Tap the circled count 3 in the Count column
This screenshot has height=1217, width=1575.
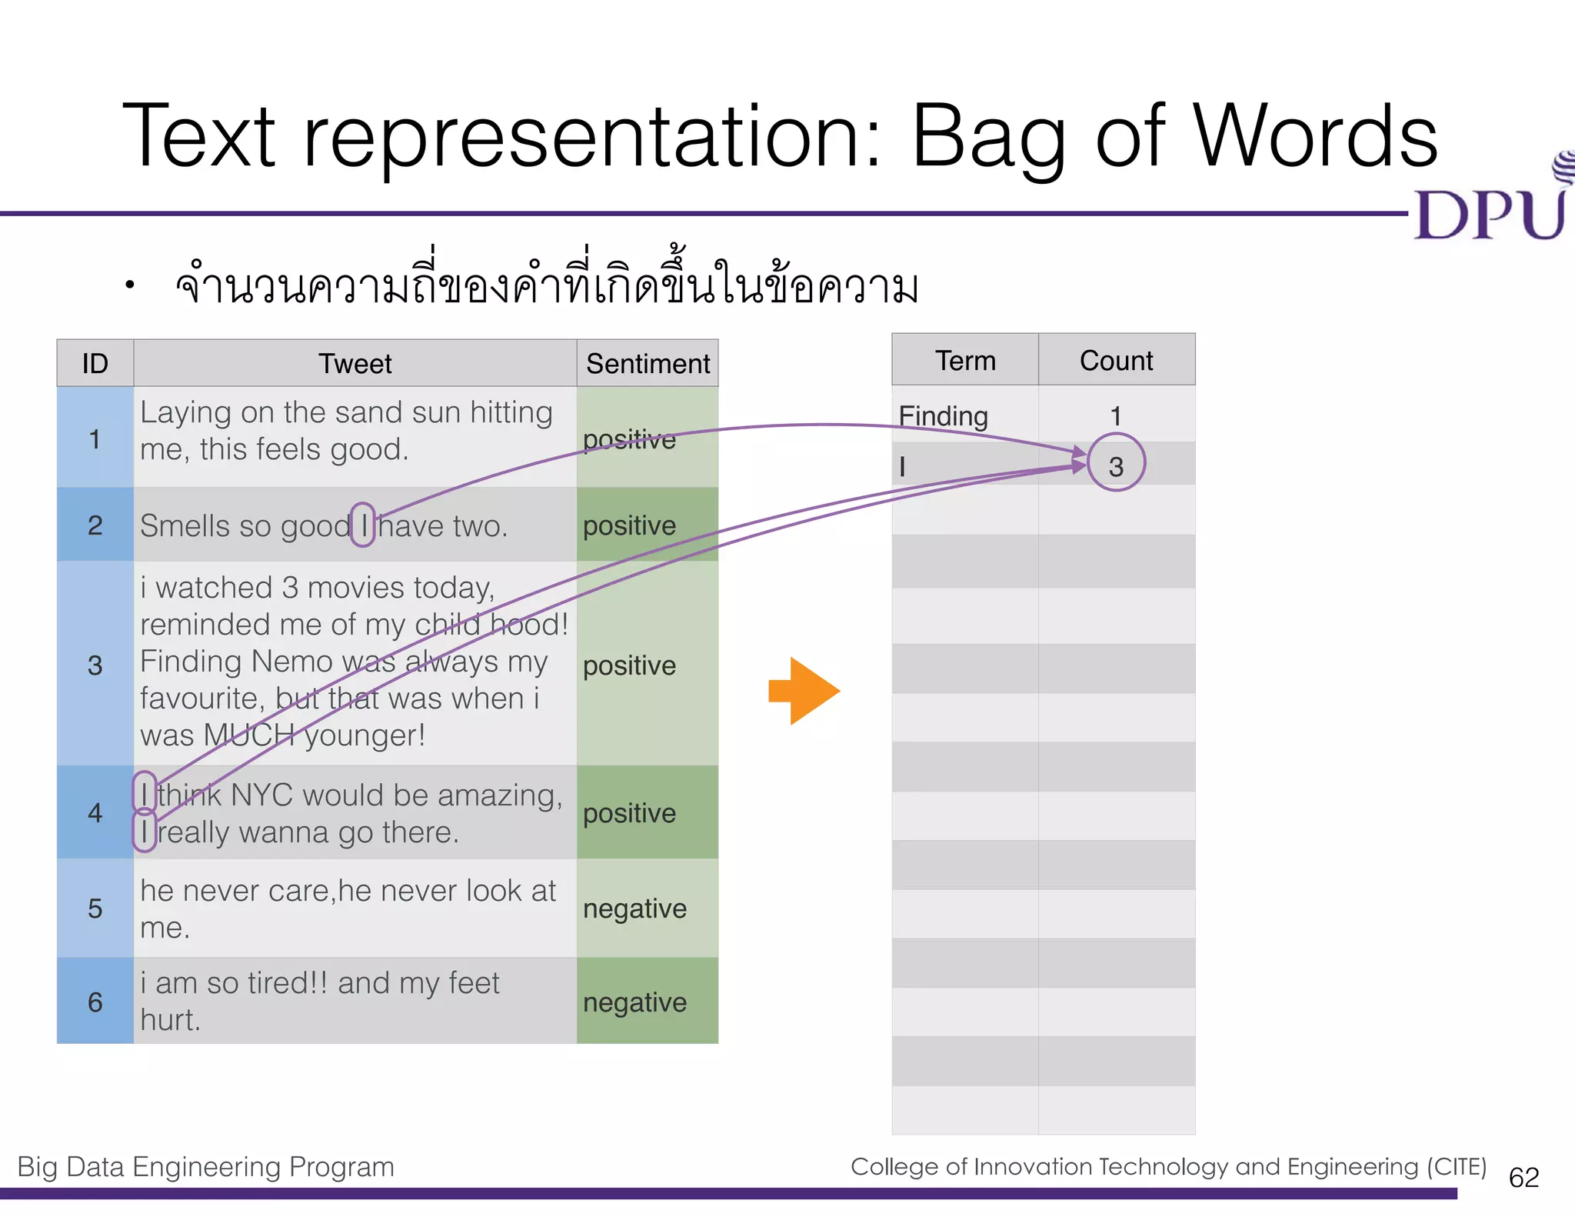point(1116,465)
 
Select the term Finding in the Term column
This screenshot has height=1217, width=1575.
point(943,416)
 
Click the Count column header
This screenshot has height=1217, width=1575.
point(1116,361)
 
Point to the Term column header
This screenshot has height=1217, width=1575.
point(965,361)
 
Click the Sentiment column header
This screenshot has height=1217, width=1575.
point(648,364)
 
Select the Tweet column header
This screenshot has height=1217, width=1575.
point(355,364)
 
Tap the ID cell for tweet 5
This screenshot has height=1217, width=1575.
point(95,909)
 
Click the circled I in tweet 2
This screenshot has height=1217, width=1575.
point(363,525)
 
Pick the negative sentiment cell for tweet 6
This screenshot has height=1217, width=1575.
point(634,1002)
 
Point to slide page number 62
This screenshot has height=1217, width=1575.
point(1523,1178)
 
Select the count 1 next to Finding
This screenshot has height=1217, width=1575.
point(1116,416)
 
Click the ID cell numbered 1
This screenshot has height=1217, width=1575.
point(95,439)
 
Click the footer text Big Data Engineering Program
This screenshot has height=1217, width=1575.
point(205,1167)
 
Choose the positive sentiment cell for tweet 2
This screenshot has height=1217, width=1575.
point(629,526)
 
